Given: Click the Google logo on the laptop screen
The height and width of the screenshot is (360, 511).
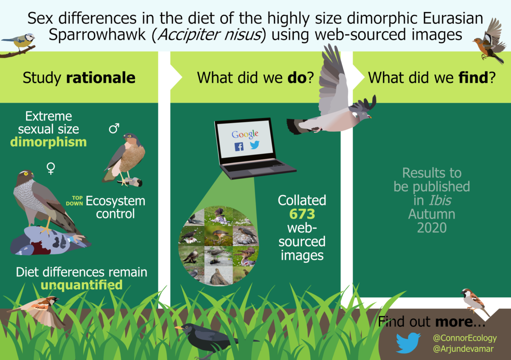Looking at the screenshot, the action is (245, 134).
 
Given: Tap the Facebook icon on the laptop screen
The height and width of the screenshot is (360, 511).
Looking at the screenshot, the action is (239, 147).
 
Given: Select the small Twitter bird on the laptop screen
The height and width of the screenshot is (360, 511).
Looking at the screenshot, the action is (255, 145).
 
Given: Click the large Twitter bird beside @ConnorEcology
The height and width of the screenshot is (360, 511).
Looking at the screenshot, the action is (408, 343).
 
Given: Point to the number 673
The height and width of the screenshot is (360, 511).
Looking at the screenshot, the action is (302, 214).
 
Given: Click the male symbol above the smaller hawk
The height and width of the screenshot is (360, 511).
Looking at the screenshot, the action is (114, 129).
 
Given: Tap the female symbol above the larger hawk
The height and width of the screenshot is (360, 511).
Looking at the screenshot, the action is (51, 168).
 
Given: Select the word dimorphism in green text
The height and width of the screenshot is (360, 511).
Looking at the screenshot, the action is (49, 142).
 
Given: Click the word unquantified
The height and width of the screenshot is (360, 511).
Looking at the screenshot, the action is (82, 285).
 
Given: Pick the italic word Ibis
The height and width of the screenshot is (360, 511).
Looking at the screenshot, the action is (440, 200).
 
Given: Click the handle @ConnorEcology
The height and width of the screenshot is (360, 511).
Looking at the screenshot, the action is (465, 338).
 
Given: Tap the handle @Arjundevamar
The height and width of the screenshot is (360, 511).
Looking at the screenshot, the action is (463, 349).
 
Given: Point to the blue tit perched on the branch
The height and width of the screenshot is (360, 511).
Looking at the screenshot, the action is (20, 42).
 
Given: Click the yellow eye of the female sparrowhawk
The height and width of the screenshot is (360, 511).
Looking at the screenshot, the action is (26, 174).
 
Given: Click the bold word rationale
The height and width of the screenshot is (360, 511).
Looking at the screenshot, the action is (100, 78).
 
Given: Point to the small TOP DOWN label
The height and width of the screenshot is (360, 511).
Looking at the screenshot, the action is (75, 201).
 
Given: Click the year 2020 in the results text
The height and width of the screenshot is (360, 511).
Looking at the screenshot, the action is (432, 228).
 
